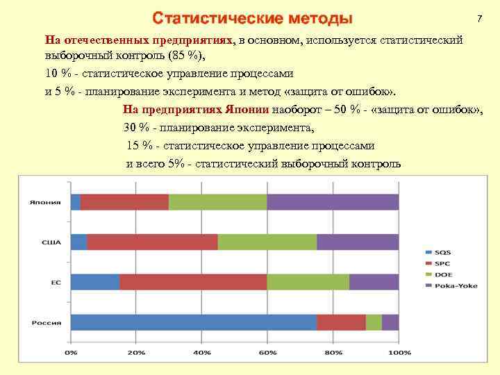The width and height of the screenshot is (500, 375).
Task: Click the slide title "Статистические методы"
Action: point(253,17)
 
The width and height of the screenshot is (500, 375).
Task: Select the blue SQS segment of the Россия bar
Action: point(194,322)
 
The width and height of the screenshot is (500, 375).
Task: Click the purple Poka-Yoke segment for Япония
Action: point(333,202)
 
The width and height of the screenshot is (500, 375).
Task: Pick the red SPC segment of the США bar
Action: point(152,242)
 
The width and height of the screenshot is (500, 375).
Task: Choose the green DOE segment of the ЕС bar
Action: point(308,282)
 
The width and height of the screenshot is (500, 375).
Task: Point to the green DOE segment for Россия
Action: point(374,322)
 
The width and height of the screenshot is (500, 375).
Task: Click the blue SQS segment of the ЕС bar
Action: point(94,282)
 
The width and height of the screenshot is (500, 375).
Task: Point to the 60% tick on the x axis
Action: point(267,353)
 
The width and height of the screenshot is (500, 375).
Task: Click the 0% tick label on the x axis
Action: point(71,353)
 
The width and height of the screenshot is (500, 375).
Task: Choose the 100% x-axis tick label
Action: point(399,353)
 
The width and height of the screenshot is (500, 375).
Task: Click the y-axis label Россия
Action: point(45,323)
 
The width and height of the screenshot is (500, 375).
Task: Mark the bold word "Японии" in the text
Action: point(249,110)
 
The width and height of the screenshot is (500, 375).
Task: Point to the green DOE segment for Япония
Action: point(217,202)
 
